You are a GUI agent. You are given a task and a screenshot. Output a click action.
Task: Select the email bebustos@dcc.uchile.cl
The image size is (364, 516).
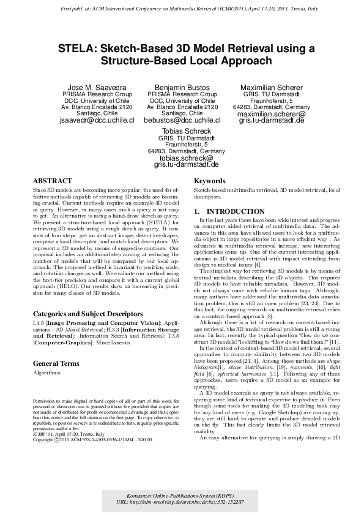[182, 121]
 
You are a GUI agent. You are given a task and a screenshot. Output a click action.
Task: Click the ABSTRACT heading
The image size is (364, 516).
[52, 181]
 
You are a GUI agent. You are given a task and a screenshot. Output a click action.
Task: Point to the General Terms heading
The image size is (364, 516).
[58, 363]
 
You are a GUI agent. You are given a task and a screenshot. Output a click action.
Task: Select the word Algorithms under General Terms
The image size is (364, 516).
[47, 372]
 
